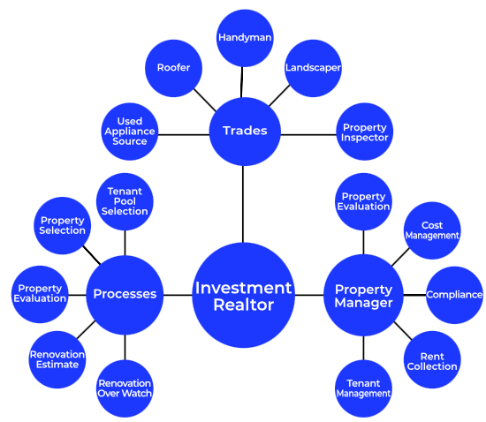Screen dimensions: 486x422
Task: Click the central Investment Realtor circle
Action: click(243, 295)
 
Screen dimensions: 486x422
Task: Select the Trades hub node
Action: click(245, 132)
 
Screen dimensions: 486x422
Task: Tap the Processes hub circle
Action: click(125, 295)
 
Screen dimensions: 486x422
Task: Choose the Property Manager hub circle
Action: click(363, 295)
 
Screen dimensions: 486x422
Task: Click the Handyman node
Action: click(245, 38)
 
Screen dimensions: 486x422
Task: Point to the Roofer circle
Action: click(173, 68)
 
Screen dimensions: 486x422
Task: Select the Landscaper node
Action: click(313, 68)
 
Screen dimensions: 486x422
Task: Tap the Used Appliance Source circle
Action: click(130, 132)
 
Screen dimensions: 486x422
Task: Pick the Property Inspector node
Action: click(364, 132)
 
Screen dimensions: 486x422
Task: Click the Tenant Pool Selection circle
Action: click(125, 201)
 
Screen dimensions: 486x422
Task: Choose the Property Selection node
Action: click(63, 226)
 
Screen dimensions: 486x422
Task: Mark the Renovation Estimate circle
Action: click(57, 359)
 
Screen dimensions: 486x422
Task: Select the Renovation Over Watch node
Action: click(125, 388)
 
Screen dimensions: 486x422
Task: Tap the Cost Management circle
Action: click(432, 230)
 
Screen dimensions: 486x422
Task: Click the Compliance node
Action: click(454, 295)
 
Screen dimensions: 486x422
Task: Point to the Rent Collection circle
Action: click(432, 359)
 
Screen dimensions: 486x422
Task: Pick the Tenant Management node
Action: click(363, 388)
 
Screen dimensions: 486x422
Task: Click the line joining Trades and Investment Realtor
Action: click(243, 204)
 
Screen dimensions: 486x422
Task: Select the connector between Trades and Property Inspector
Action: click(308, 135)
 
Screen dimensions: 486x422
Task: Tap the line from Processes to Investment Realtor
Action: click(178, 295)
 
